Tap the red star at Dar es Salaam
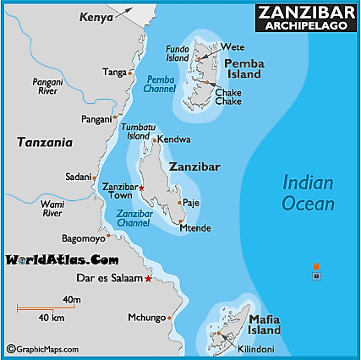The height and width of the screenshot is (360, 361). click(x=149, y=278)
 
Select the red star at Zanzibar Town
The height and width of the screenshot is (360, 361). click(x=141, y=188)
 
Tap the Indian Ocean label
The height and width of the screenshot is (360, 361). click(x=308, y=193)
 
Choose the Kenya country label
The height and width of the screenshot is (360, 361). click(x=96, y=17)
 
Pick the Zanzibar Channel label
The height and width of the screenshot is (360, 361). click(x=133, y=220)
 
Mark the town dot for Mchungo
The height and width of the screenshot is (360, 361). click(x=169, y=318)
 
